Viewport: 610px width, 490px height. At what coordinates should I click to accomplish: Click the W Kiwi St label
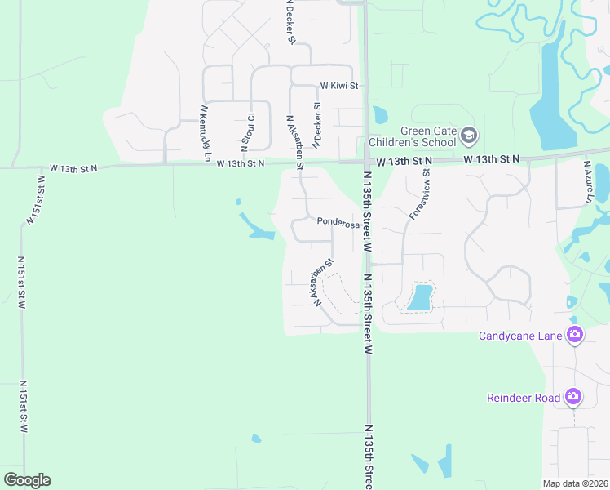[x=339, y=85]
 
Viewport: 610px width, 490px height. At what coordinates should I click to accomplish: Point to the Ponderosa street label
[x=338, y=221]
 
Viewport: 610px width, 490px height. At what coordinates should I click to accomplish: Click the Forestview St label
[x=419, y=194]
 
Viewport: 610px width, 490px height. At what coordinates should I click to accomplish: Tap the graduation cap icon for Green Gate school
[x=468, y=135]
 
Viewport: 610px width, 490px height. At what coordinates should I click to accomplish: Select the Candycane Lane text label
[x=520, y=335]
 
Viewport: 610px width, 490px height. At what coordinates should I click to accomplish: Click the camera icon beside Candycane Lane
[x=575, y=334]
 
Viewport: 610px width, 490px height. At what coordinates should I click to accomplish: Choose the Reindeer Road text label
[x=524, y=398]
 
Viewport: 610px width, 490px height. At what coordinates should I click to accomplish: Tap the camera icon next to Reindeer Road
[x=573, y=397]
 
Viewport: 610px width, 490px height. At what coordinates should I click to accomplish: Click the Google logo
[x=27, y=480]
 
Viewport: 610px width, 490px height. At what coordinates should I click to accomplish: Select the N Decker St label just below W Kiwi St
[x=318, y=122]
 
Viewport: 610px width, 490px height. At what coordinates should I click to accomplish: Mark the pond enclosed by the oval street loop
[x=420, y=296]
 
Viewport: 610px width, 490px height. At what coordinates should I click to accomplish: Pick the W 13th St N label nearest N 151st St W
[x=73, y=168]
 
